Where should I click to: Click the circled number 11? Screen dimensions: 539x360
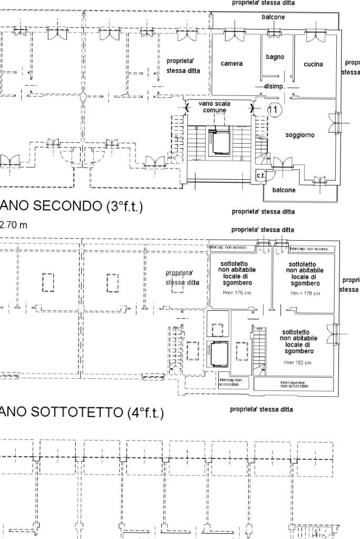[275, 110]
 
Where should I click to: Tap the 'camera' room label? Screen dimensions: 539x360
[231, 64]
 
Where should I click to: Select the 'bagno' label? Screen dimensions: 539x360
[275, 57]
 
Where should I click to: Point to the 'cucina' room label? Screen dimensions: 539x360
[313, 64]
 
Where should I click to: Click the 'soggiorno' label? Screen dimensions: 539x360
[300, 135]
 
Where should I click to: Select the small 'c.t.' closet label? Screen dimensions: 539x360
[260, 175]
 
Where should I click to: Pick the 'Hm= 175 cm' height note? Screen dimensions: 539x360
[232, 293]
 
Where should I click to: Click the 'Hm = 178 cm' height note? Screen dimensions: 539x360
[303, 293]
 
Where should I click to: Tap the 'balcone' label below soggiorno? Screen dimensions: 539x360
[284, 190]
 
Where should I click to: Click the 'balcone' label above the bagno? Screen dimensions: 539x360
[273, 17]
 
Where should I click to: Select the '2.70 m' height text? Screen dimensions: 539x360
[13, 226]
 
